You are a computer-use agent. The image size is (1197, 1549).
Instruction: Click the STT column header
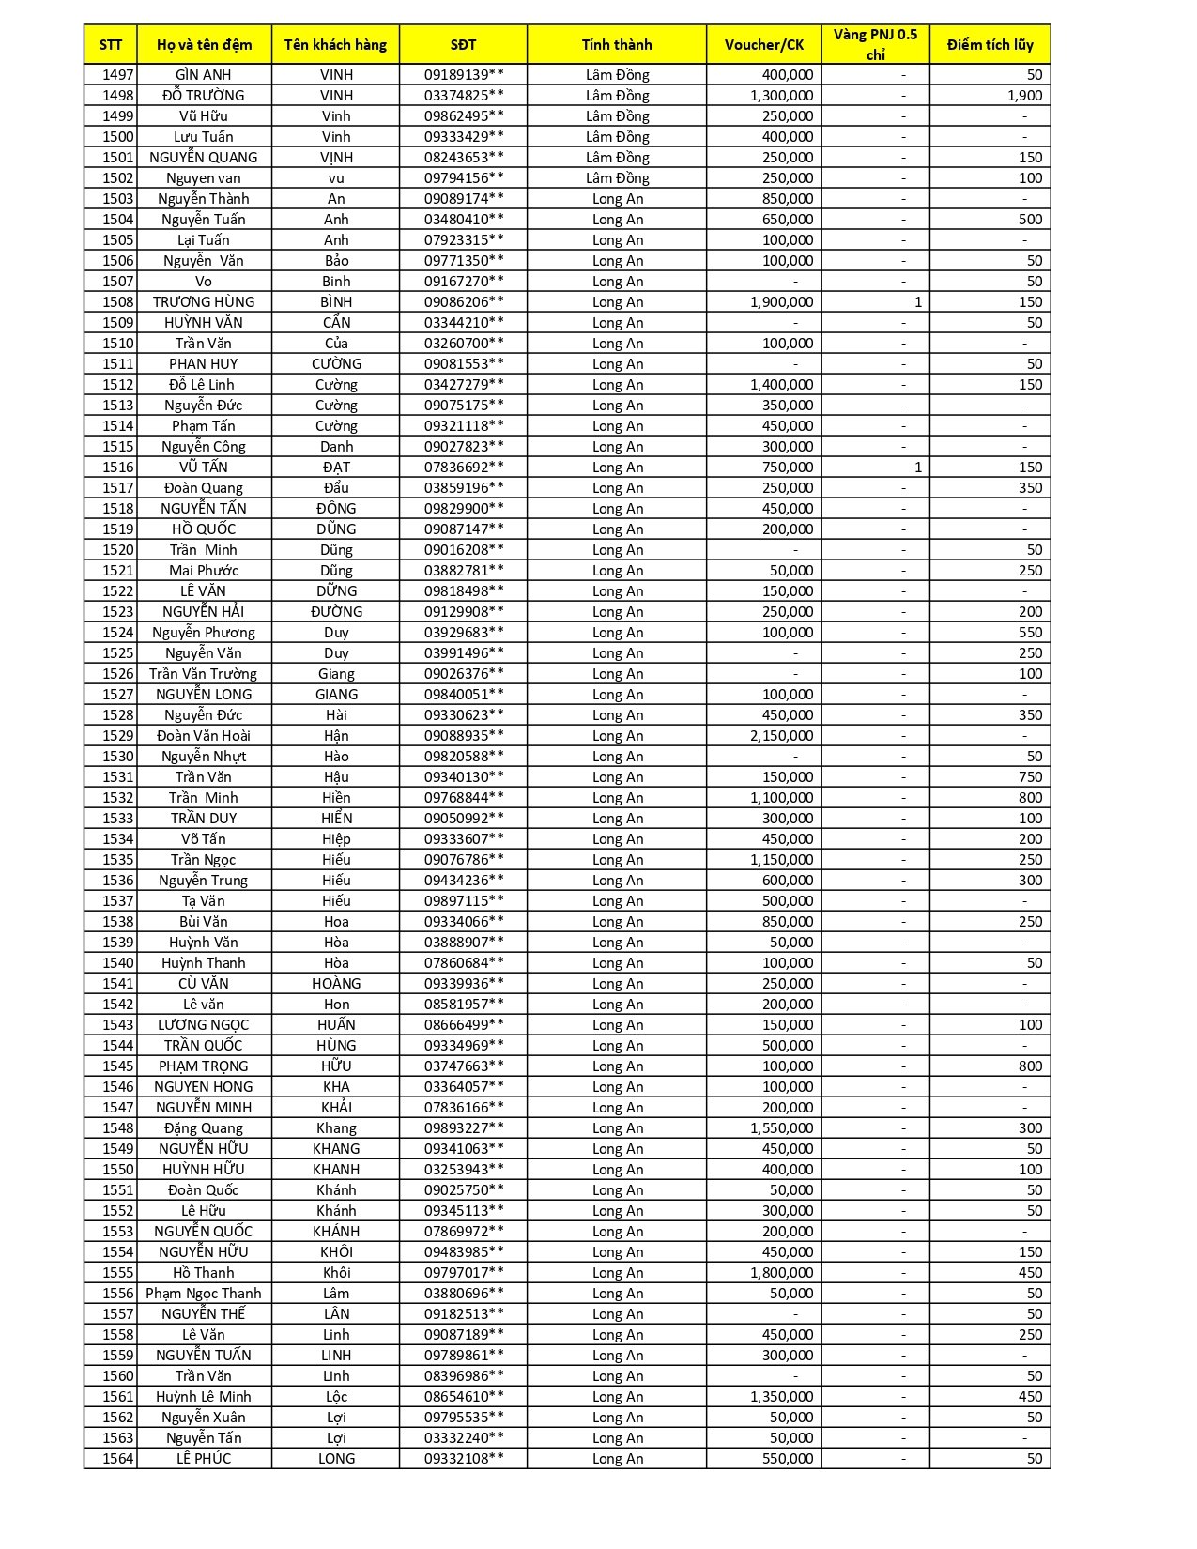pos(111,44)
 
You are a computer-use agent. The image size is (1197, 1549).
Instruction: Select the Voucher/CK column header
pos(764,44)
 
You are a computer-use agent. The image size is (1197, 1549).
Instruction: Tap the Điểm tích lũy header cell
pos(990,44)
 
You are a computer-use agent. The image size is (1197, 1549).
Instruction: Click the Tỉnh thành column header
pos(617,44)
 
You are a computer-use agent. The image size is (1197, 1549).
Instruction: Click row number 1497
pos(118,74)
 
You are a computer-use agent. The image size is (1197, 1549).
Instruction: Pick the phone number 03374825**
pos(464,95)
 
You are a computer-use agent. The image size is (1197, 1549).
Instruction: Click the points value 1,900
pos(1024,95)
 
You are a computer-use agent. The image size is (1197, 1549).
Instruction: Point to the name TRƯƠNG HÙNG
pos(204,301)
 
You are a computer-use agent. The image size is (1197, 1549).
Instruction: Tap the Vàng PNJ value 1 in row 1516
pos(917,467)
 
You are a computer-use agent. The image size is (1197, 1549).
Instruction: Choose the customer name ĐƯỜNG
pos(336,611)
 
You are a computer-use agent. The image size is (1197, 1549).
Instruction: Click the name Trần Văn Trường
pos(203,673)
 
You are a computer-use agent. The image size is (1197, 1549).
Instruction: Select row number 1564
pos(118,1458)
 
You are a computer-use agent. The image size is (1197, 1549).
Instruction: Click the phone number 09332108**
pos(464,1458)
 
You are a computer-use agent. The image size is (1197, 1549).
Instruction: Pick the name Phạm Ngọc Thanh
pos(204,1293)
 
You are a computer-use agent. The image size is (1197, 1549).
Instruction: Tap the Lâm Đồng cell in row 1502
pos(617,177)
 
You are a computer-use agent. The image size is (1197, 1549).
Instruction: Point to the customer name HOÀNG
pos(336,983)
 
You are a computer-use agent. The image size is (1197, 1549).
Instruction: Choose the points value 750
pos(1030,776)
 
